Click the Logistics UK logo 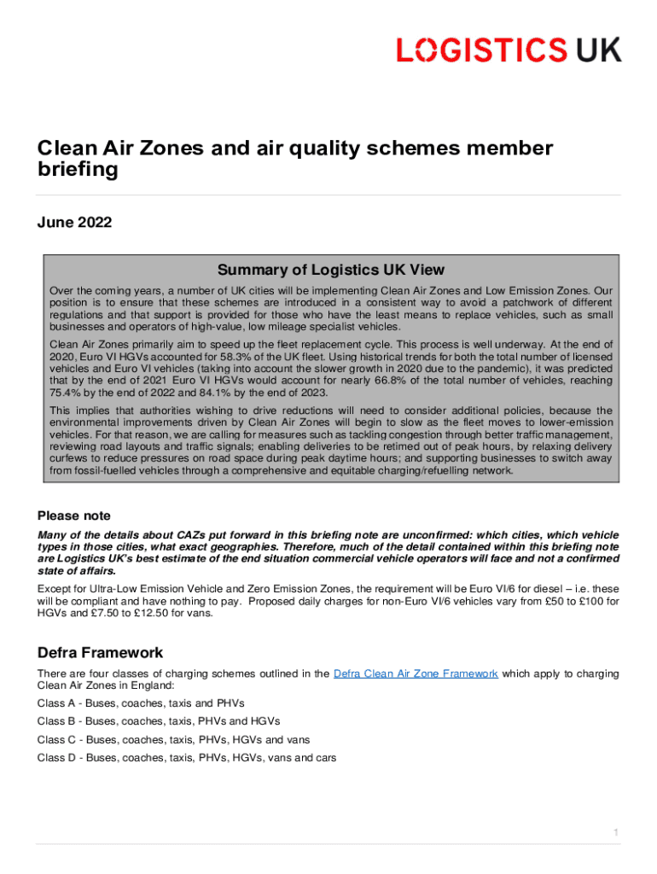(x=509, y=49)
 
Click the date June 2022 (x=74, y=223)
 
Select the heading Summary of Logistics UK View (x=330, y=270)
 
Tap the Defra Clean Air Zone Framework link (x=416, y=673)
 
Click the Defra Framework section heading (x=100, y=653)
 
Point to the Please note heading (x=74, y=516)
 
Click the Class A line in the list (x=141, y=703)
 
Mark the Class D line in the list (x=187, y=757)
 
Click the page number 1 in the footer (x=615, y=832)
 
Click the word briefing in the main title (x=77, y=170)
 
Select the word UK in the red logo (x=598, y=49)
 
